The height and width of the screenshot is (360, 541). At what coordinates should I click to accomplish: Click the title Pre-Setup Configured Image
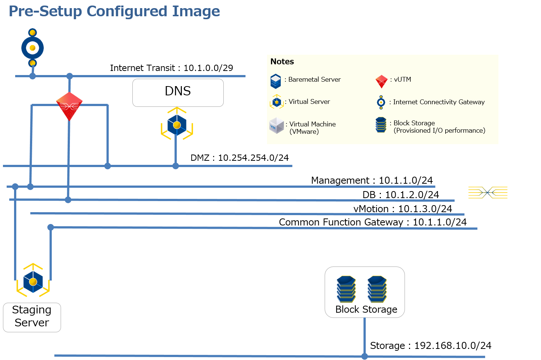click(114, 11)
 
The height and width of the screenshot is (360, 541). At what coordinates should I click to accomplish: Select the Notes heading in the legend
click(282, 62)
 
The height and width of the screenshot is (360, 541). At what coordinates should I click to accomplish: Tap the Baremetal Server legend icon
click(275, 81)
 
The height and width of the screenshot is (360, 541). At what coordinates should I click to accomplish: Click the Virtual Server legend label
click(309, 102)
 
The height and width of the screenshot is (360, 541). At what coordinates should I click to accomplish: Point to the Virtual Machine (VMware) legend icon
click(277, 126)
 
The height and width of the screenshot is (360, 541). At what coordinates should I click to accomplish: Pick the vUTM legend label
click(402, 79)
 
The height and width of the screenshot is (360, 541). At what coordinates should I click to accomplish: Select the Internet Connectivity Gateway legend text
click(439, 102)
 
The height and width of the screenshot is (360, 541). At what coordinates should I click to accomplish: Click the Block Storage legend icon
click(381, 125)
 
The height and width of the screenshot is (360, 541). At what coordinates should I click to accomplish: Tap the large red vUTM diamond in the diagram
click(69, 106)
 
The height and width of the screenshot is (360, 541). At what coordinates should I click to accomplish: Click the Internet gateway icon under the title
click(33, 48)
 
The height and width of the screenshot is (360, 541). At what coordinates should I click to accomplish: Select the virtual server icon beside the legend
click(177, 124)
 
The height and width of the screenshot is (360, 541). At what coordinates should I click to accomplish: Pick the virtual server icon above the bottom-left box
click(33, 281)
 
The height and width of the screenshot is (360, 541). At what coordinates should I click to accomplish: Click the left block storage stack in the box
click(346, 289)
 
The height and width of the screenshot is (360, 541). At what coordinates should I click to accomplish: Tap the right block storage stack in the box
click(377, 289)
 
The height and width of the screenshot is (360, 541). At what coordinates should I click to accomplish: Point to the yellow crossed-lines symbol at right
click(488, 193)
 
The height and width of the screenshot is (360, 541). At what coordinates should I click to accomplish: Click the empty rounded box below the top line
click(178, 93)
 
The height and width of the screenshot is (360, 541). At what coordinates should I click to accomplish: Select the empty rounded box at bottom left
click(32, 317)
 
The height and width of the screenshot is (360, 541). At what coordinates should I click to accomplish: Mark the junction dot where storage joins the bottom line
click(365, 356)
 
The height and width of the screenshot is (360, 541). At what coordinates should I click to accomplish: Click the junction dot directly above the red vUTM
click(70, 77)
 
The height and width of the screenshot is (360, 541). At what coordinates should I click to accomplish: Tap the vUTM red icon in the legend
click(381, 81)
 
